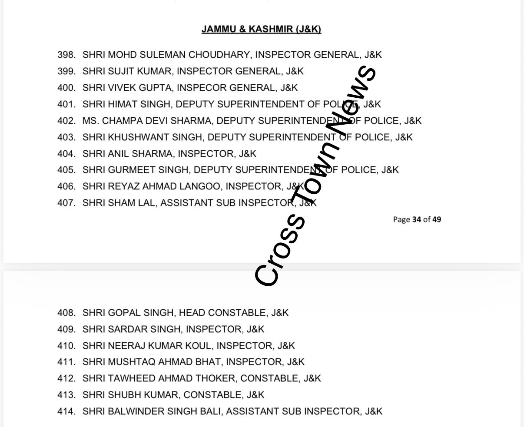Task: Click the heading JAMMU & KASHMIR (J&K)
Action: point(261,30)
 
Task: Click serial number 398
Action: point(66,55)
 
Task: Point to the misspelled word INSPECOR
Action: point(202,88)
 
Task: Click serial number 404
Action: point(66,154)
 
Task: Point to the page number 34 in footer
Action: point(417,219)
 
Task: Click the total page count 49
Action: point(437,219)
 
